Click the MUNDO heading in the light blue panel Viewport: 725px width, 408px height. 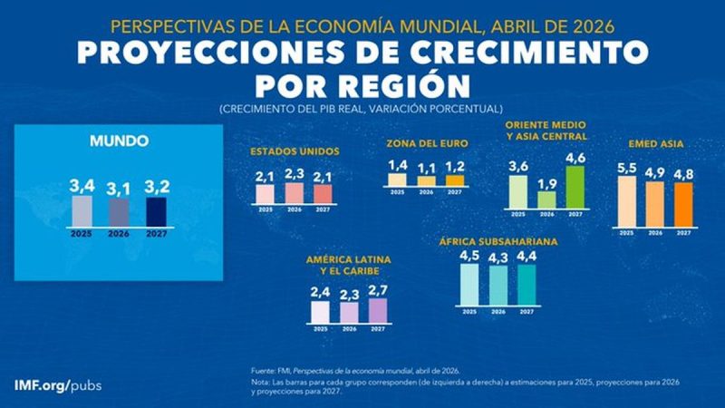(119, 141)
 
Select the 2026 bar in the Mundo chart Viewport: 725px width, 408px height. (119, 211)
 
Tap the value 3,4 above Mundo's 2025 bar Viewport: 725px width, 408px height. (82, 186)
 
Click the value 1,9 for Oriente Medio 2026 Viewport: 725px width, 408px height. (546, 183)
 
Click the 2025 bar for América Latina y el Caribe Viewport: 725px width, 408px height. (320, 312)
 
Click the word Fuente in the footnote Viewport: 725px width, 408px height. (264, 370)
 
